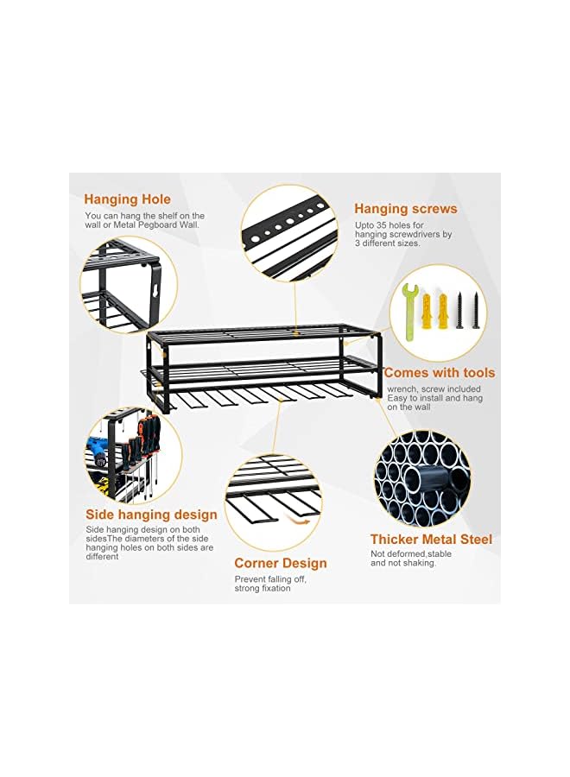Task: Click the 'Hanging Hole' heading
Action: click(x=127, y=199)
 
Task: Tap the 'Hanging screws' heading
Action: click(x=405, y=209)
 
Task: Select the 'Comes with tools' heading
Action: click(x=439, y=373)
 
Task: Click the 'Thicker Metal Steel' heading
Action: click(x=431, y=540)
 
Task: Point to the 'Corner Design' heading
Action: click(x=280, y=564)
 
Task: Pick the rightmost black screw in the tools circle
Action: click(x=473, y=311)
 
